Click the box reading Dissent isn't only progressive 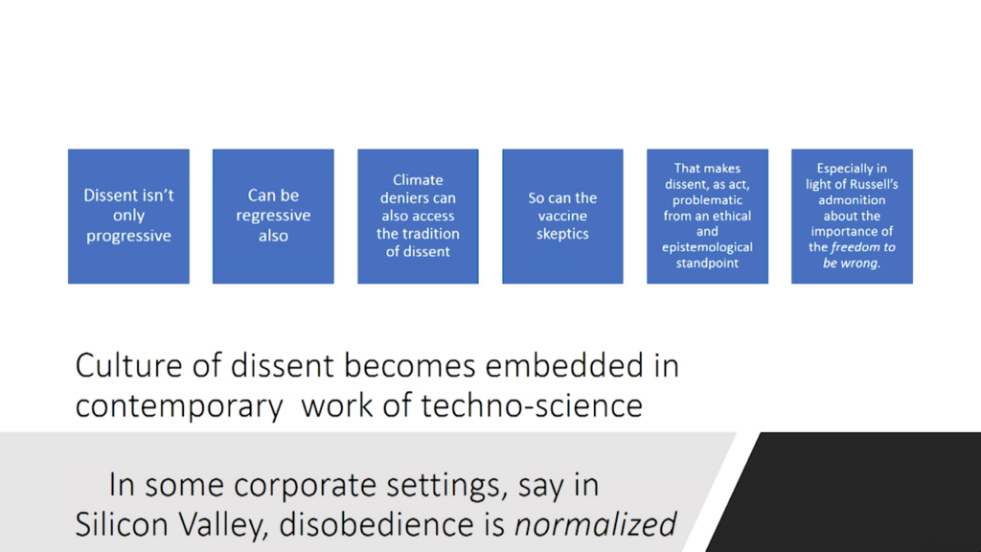pos(129,216)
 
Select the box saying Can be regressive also pos(273,216)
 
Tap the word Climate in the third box pos(418,180)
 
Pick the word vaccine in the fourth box pos(562,216)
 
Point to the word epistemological pos(708,247)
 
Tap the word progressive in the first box pos(129,236)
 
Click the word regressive pos(273,216)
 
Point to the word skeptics pos(562,234)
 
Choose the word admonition pos(852,200)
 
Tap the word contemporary pos(179,406)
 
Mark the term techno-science pos(531,405)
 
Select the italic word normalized pos(595,524)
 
